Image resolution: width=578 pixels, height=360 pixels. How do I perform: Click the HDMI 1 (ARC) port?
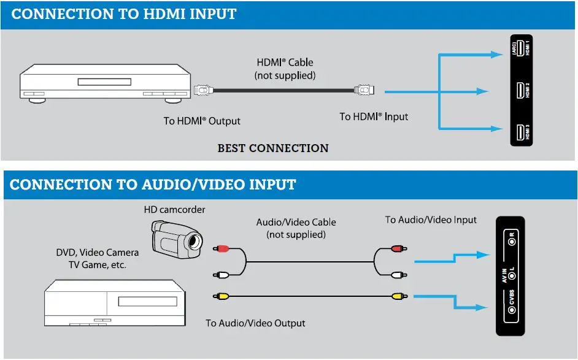pos(520,48)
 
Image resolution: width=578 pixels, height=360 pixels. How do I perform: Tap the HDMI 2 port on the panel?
pos(520,91)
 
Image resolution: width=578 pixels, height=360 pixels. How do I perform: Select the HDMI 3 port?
pos(520,132)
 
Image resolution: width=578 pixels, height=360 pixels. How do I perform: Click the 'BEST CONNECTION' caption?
pos(273,148)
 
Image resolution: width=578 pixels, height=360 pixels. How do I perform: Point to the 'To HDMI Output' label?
pos(202,121)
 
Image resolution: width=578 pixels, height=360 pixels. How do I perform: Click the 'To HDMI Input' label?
pos(374,117)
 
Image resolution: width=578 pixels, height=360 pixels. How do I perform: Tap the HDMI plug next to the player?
pos(202,91)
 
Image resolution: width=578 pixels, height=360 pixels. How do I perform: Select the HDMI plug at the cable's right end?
pos(364,91)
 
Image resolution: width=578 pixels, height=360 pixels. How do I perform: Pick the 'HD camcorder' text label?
pos(175,210)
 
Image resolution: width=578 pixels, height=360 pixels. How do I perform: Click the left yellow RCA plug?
pos(222,296)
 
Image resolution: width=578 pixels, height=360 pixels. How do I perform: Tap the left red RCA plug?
pos(222,249)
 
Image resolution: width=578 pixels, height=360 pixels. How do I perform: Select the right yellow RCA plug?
pos(398,296)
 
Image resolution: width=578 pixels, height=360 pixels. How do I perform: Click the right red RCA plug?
pos(398,249)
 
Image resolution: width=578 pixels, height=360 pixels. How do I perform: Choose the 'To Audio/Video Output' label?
pos(255,323)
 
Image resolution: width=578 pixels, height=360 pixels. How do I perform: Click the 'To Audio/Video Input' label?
pos(431,220)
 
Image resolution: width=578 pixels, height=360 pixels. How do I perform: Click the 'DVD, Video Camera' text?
pos(97,253)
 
